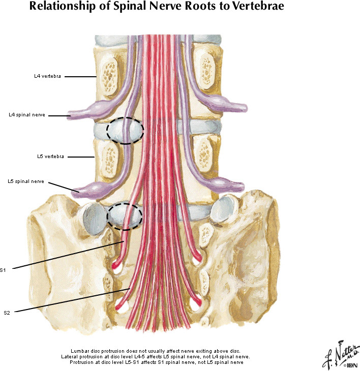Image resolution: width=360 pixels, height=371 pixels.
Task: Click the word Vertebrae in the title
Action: (x=251, y=7)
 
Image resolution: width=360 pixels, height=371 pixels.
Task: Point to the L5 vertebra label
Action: (x=50, y=157)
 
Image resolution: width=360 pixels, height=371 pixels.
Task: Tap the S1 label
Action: (x=4, y=269)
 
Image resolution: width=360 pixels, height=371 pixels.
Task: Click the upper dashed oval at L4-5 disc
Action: (x=125, y=131)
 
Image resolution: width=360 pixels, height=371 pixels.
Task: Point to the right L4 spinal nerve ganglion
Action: (x=220, y=103)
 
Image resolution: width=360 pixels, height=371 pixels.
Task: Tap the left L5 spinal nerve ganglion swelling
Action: (x=91, y=190)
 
